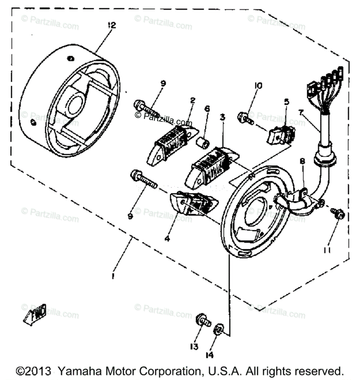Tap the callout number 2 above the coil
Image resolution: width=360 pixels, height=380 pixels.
coord(192,101)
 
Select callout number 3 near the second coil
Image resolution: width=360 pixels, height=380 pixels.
coord(222,117)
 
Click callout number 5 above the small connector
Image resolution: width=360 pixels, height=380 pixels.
coord(286,102)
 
